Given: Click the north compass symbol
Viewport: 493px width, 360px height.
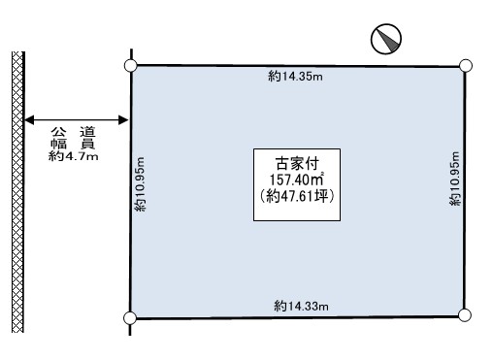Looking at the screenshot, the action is [x=386, y=39].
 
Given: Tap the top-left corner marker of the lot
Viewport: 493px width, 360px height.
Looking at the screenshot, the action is [x=131, y=65].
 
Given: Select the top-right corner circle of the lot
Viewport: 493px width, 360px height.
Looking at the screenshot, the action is [x=466, y=66].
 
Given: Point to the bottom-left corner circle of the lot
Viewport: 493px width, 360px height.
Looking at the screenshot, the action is [x=130, y=318].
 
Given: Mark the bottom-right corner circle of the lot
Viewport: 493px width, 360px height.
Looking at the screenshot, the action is [x=465, y=315].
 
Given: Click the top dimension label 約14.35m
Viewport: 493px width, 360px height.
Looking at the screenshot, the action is [x=295, y=77].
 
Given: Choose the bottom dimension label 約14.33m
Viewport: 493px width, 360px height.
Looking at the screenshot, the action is [x=301, y=306].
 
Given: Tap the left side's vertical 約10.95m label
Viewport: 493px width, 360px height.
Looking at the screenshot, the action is [x=140, y=184].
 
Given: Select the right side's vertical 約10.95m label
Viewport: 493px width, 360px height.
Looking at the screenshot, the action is [x=454, y=179].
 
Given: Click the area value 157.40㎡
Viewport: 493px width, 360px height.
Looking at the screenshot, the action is [x=297, y=180].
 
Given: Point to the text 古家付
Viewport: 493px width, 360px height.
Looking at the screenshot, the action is [x=297, y=164].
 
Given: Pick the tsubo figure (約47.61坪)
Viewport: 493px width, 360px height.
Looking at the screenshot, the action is [x=297, y=196].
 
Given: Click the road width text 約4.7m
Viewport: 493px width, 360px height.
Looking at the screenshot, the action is [x=74, y=156].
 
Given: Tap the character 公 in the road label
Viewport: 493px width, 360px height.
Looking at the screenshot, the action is [x=58, y=132].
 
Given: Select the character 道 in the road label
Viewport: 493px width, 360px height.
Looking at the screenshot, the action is [x=87, y=132].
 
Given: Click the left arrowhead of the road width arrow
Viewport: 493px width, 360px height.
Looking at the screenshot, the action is [x=29, y=120].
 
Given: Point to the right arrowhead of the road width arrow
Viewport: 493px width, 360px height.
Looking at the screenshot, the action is [x=123, y=120].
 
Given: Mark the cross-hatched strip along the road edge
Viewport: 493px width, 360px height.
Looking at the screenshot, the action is [x=18, y=192].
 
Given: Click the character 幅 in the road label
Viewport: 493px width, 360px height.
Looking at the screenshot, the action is [x=58, y=144].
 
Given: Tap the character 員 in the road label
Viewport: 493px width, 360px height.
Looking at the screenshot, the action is [x=87, y=144].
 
